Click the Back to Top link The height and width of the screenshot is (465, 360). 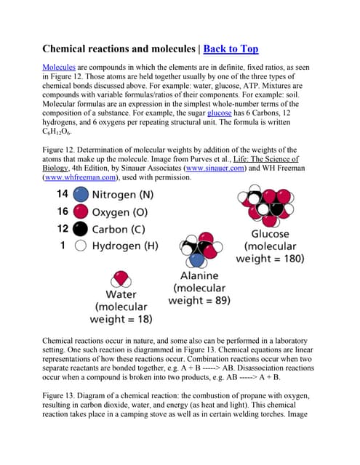coord(231,49)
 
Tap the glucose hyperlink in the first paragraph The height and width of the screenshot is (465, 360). coord(219,115)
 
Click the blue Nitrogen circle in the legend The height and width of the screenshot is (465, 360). coord(81,195)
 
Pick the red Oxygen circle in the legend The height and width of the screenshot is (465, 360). coord(81,212)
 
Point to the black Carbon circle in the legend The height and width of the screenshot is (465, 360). coord(81,229)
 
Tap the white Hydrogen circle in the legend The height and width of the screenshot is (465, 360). coord(81,246)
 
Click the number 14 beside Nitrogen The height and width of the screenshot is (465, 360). coord(62,195)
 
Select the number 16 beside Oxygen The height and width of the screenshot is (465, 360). coord(62,212)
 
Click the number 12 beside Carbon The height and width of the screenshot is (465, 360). coord(62,229)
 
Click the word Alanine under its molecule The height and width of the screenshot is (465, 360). coord(199,276)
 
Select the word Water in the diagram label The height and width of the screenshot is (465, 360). coord(121,294)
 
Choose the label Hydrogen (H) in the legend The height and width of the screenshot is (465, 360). coord(125,246)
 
